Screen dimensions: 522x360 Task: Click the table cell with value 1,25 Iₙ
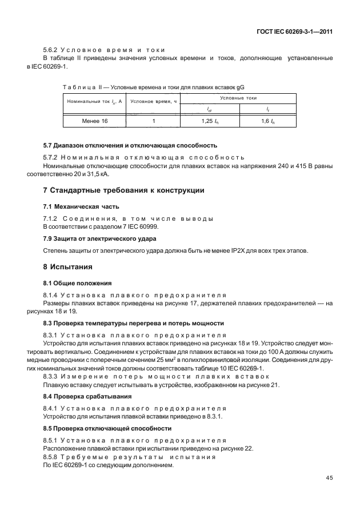click(210, 122)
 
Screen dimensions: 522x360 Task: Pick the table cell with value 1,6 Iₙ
click(267, 122)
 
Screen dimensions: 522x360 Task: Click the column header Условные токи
click(238, 98)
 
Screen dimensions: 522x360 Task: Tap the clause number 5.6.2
click(52, 50)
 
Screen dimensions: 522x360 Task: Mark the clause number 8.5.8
click(52, 457)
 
